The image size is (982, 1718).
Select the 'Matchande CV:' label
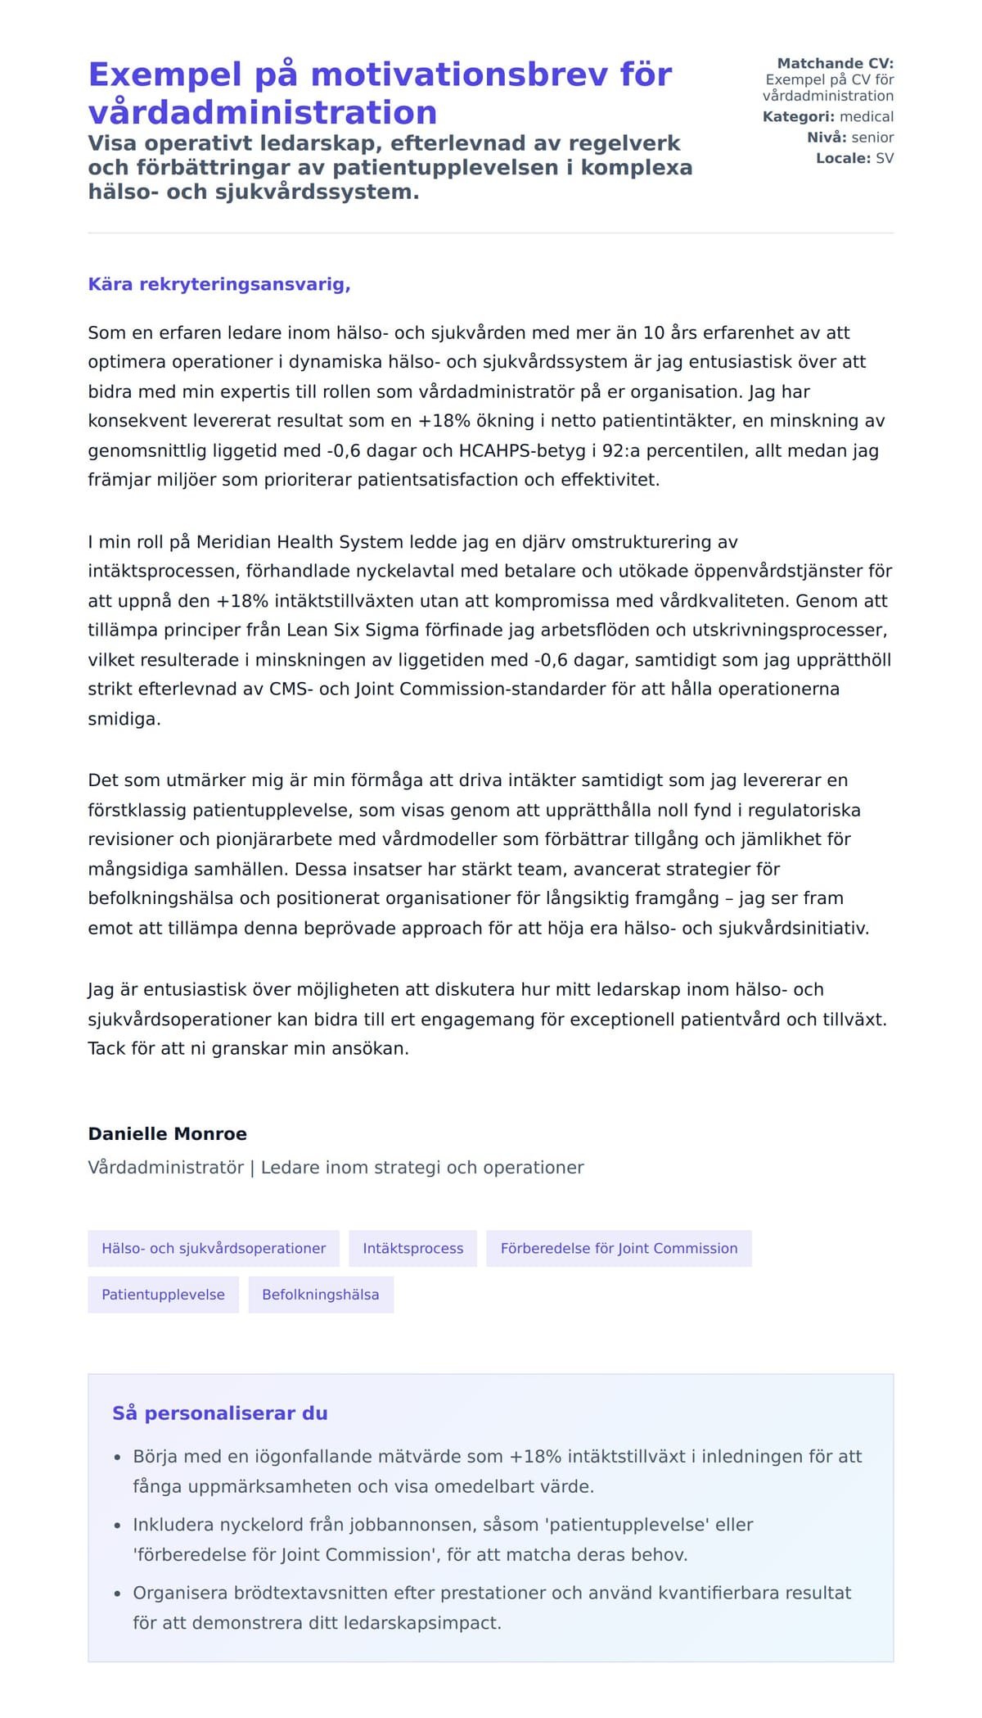[835, 63]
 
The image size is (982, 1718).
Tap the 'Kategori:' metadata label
[798, 116]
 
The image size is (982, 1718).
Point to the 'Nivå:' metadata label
[827, 137]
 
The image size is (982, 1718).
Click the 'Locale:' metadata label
[843, 158]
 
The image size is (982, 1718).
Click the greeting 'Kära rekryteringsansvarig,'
[219, 284]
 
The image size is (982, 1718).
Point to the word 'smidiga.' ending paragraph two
[124, 719]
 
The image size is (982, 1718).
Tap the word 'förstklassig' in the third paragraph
[137, 810]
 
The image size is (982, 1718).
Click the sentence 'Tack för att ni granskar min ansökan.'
[248, 1048]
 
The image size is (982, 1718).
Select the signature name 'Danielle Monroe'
[167, 1134]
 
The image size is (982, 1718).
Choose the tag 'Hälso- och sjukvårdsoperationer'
[214, 1249]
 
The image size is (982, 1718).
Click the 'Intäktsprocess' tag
[412, 1249]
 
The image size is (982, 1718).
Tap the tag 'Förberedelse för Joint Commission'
[619, 1249]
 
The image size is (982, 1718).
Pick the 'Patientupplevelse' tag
[163, 1295]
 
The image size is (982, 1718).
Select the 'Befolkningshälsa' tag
[321, 1295]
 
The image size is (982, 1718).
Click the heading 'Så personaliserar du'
[219, 1413]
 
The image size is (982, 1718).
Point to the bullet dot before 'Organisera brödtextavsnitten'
[117, 1594]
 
